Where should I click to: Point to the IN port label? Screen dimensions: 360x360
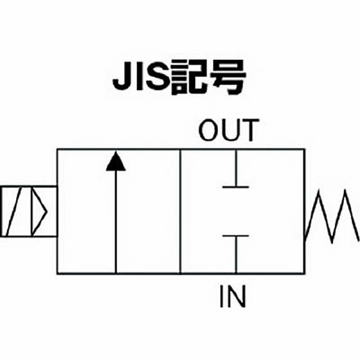pyautogui.click(x=233, y=296)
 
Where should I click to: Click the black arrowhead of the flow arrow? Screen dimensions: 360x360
pyautogui.click(x=116, y=161)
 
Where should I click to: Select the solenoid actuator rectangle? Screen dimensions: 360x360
pyautogui.click(x=29, y=211)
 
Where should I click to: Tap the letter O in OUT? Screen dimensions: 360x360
pyautogui.click(x=209, y=130)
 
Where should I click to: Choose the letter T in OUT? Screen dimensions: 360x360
pyautogui.click(x=249, y=130)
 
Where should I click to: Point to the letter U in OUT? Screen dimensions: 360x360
pyautogui.click(x=230, y=130)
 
